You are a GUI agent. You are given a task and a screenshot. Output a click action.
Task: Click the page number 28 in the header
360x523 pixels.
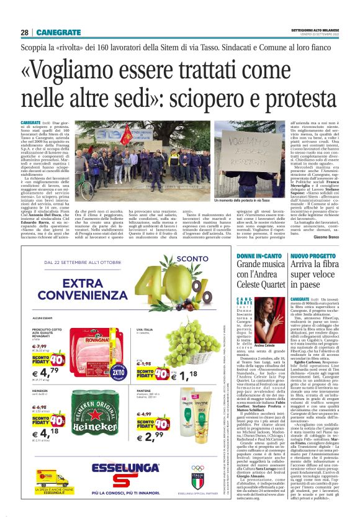click(x=24, y=32)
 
